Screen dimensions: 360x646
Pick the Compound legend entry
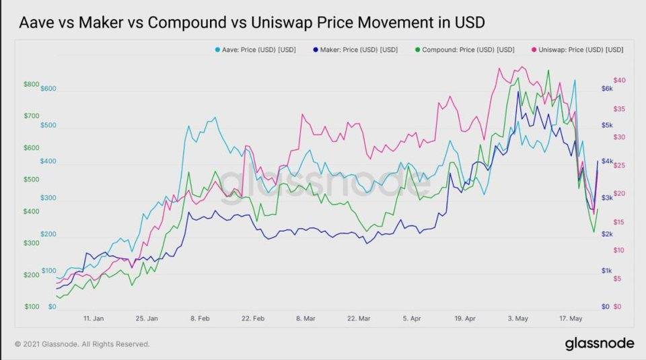tap(466, 50)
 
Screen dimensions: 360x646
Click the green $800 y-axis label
tap(32, 84)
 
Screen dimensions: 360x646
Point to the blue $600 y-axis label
tap(49, 89)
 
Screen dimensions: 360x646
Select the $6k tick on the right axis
tap(607, 89)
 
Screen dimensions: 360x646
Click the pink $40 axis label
tap(620, 80)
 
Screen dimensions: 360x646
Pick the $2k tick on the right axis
tap(607, 234)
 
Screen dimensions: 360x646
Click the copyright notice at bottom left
tap(81, 344)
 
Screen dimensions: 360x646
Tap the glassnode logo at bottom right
tap(599, 343)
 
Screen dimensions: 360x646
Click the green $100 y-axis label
tap(32, 307)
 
